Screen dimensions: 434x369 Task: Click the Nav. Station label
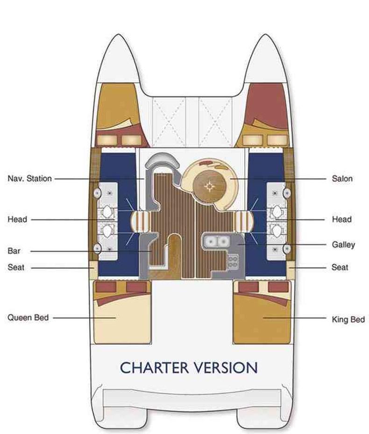29,179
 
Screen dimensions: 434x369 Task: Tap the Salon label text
342,179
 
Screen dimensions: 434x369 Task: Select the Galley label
344,245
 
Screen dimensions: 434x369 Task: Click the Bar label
14,251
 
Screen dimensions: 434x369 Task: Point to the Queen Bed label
28,318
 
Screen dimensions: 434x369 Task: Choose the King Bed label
348,320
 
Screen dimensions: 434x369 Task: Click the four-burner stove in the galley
233,261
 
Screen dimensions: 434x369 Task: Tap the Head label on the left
17,219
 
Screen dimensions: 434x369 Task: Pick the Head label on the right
342,219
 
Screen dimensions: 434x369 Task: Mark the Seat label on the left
16,268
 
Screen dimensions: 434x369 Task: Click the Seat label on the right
340,268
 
